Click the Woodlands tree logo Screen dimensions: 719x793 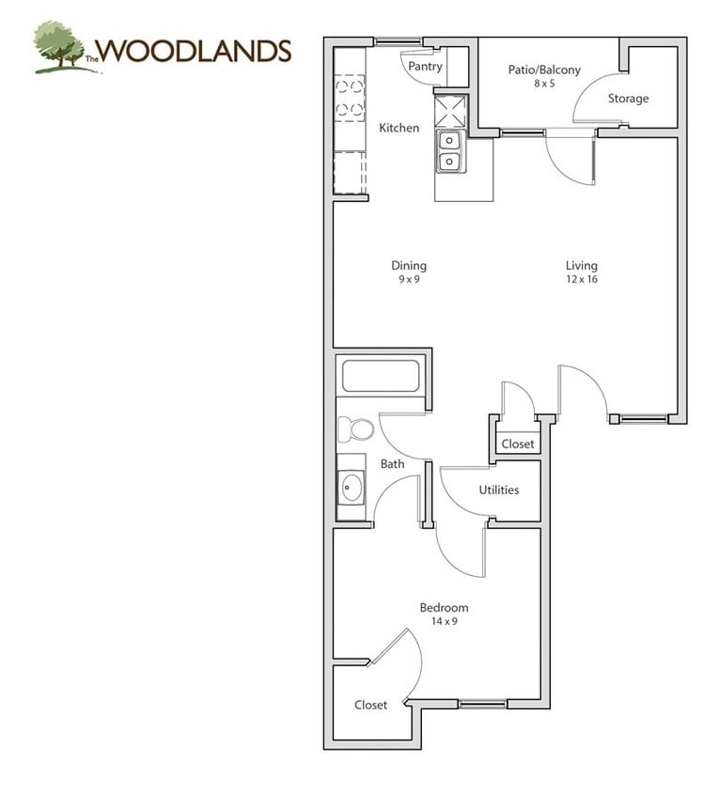pyautogui.click(x=63, y=47)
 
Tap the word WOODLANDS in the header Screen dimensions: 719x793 pyautogui.click(x=195, y=51)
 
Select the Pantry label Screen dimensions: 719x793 pyautogui.click(x=425, y=67)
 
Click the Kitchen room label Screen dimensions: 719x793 pyautogui.click(x=399, y=128)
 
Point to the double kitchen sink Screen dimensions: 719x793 pyautogui.click(x=450, y=150)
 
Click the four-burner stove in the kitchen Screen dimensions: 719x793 pyautogui.click(x=350, y=98)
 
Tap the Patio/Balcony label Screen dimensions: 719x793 pyautogui.click(x=544, y=70)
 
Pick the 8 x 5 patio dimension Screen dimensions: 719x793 pyautogui.click(x=544, y=84)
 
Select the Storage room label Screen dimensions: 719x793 pyautogui.click(x=628, y=99)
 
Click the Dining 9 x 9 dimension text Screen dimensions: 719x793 pyautogui.click(x=409, y=279)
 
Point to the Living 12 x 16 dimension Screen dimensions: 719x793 pyautogui.click(x=582, y=279)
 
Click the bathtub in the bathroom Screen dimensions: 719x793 pyautogui.click(x=381, y=375)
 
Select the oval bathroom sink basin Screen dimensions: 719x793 pyautogui.click(x=352, y=488)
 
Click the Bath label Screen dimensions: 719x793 pyautogui.click(x=393, y=464)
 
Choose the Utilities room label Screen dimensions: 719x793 pyautogui.click(x=499, y=490)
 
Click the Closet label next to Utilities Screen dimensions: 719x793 pyautogui.click(x=518, y=444)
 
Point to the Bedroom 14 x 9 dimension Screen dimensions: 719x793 pyautogui.click(x=445, y=622)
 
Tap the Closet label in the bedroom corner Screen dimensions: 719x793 pyautogui.click(x=371, y=705)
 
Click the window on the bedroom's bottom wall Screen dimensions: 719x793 pyautogui.click(x=483, y=704)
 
